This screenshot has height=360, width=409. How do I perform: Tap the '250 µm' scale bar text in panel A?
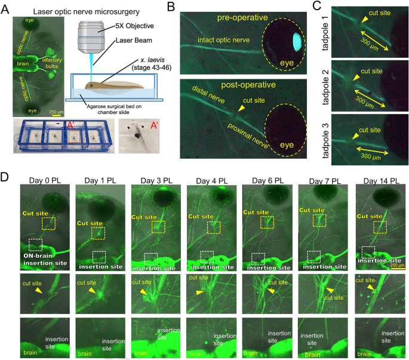(56, 111)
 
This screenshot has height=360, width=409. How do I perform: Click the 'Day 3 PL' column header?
(152, 180)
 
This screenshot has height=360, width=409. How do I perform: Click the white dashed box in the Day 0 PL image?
(36, 244)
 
